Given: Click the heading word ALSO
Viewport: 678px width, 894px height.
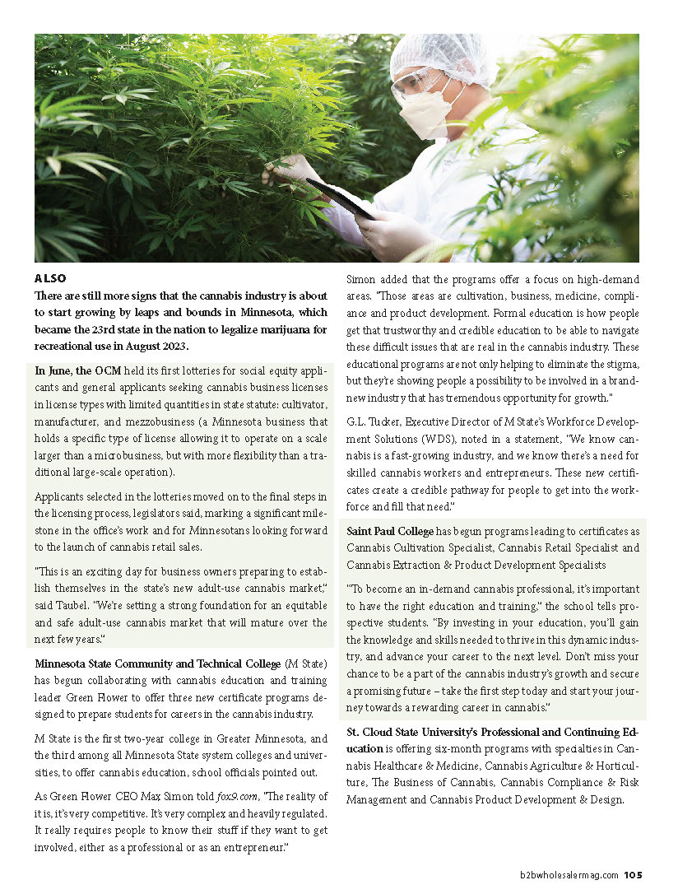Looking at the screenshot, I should tap(50, 278).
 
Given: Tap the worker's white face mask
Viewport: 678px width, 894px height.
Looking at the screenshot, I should tap(429, 113).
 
